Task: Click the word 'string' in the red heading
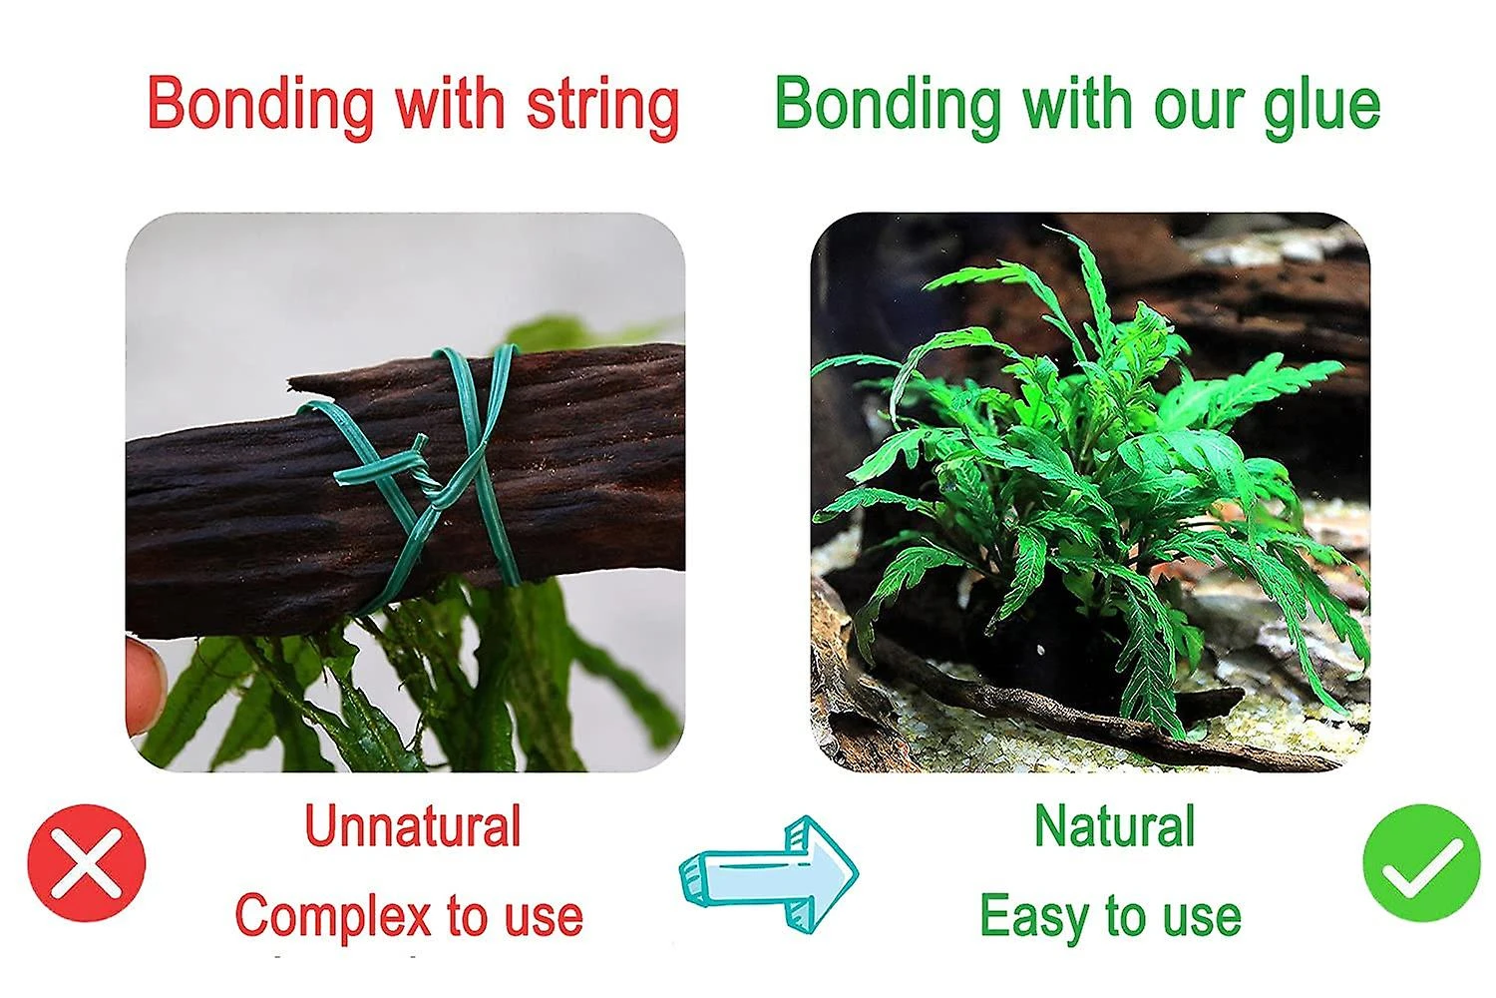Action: point(603,109)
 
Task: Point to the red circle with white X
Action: point(86,863)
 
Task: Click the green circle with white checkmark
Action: point(1422,863)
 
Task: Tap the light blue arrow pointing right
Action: point(769,874)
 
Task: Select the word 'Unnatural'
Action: point(413,825)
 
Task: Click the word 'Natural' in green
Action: point(1115,825)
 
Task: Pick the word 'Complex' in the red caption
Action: point(333,918)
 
